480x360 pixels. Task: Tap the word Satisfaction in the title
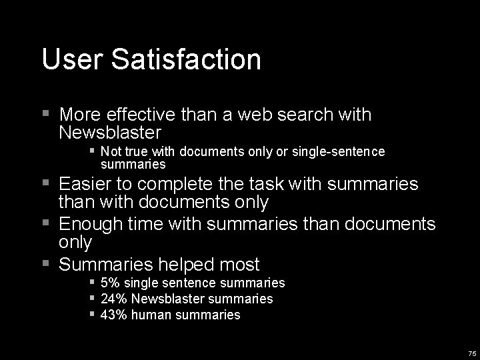(x=186, y=59)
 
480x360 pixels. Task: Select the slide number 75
(x=472, y=353)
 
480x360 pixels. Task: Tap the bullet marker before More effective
(x=45, y=114)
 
